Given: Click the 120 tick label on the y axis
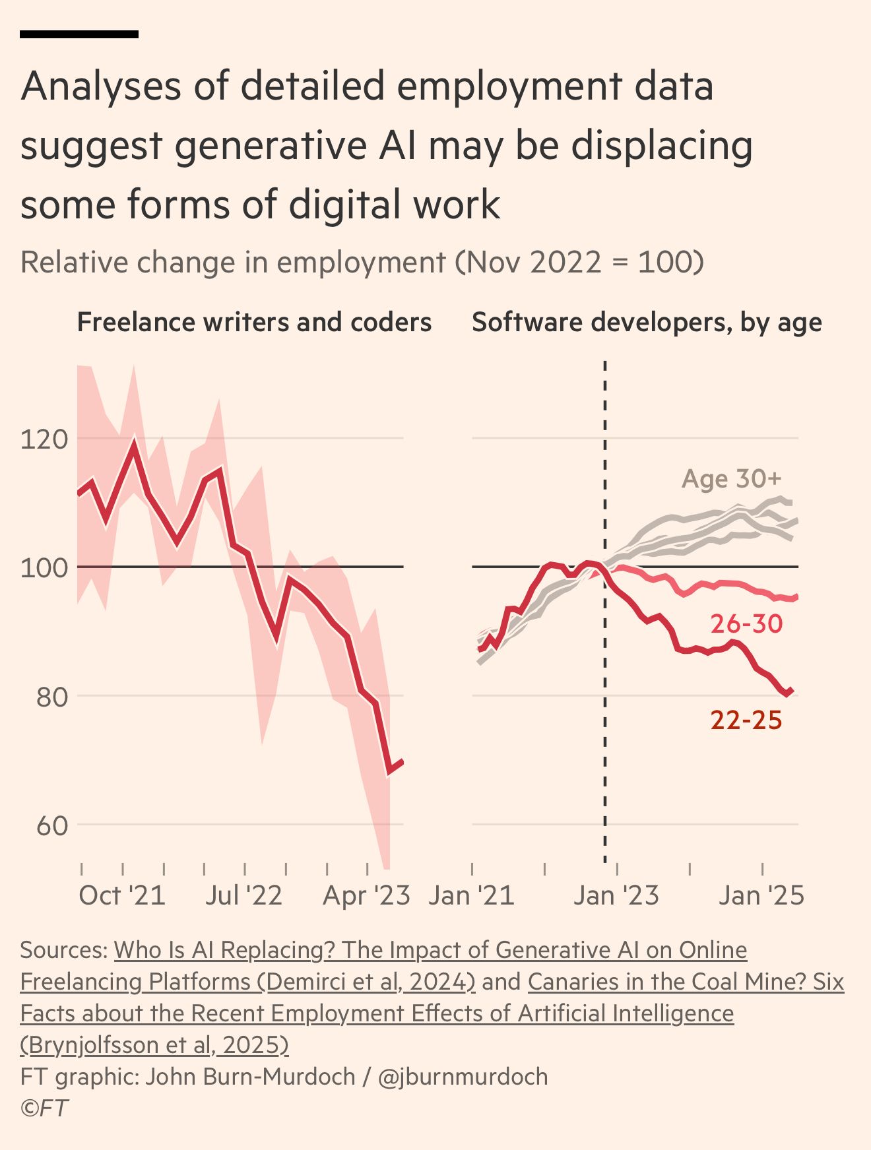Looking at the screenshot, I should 44,439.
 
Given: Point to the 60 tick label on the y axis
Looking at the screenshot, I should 52,825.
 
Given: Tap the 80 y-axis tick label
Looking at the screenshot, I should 52,697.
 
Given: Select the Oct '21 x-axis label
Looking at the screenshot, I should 122,896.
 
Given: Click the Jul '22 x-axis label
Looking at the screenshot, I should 243,896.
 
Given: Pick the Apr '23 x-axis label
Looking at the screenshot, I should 366,896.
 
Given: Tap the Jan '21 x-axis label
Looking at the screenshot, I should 471,896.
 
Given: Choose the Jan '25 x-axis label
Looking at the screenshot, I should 761,896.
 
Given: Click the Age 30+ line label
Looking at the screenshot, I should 731,479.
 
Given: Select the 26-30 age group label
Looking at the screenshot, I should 746,623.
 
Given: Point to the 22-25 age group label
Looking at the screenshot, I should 746,720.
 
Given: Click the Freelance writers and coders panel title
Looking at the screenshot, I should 254,323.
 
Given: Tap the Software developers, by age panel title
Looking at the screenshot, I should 647,323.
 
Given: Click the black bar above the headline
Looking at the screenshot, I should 79,34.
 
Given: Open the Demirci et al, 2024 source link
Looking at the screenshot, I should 247,982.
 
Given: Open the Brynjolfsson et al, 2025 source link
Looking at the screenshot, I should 154,1045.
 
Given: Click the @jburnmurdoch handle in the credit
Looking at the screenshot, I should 463,1077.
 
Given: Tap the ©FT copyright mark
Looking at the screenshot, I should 44,1108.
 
